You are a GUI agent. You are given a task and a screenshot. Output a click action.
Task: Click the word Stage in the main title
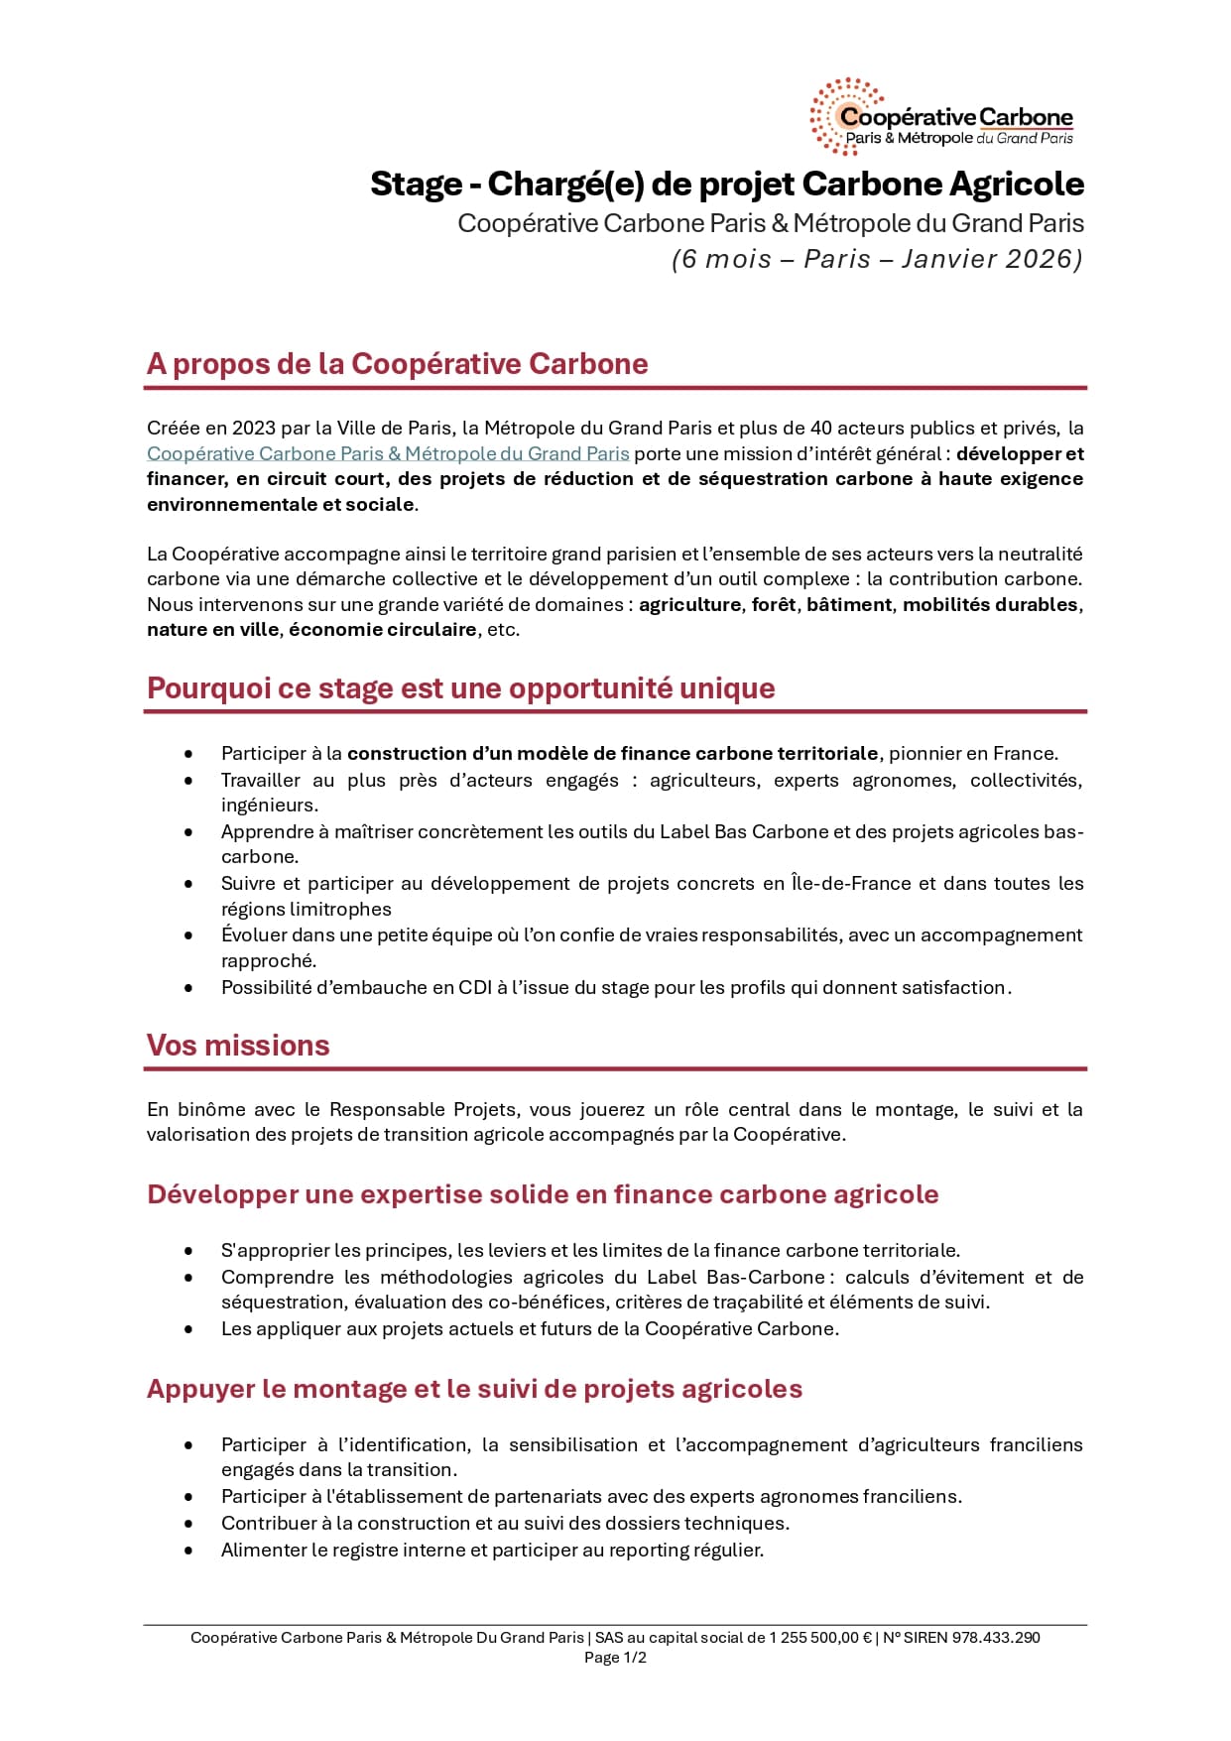tap(416, 185)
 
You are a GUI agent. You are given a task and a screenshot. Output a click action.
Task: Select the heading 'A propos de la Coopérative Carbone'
tap(397, 364)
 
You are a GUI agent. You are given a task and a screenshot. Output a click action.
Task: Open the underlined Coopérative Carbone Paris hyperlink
tap(388, 454)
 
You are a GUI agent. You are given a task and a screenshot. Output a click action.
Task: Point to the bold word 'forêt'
tap(774, 605)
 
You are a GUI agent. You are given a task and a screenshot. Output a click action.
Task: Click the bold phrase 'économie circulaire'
tap(383, 630)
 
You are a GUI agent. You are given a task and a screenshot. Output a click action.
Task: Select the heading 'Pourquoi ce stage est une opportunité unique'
tap(460, 688)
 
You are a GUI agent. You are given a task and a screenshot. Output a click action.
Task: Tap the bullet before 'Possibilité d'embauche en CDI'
tap(188, 988)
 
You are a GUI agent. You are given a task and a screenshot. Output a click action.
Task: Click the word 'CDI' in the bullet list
tap(475, 988)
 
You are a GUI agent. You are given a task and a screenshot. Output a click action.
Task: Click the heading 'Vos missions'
tap(238, 1046)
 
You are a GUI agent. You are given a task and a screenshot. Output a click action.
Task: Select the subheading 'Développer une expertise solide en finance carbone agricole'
tap(543, 1194)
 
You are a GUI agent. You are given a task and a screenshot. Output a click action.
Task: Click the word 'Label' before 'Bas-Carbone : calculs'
tap(673, 1278)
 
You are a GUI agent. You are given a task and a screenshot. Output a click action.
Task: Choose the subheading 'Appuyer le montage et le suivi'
tap(474, 1389)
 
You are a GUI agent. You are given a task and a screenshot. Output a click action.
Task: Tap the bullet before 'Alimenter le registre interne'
tap(188, 1551)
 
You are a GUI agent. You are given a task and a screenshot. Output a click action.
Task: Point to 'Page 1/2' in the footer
tap(615, 1658)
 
